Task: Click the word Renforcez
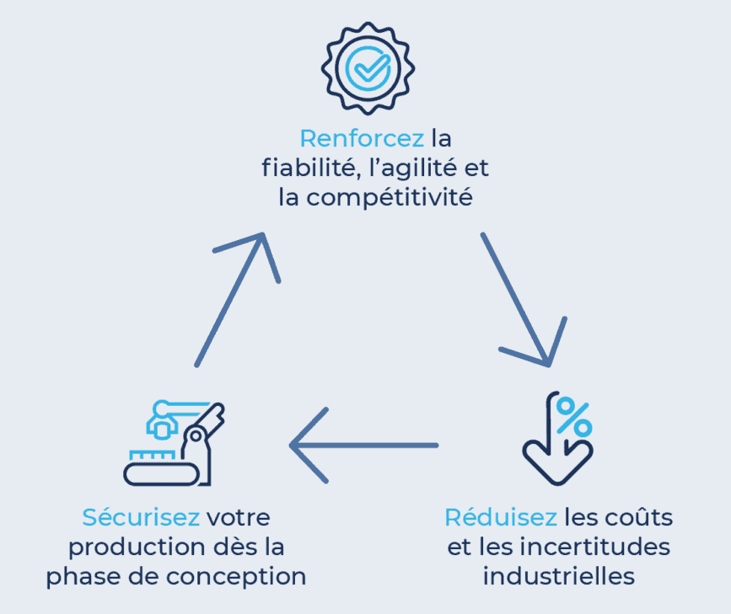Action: click(362, 137)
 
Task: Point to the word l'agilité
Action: click(408, 168)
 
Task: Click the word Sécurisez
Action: click(141, 516)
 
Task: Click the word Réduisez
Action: click(501, 516)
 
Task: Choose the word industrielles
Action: click(559, 577)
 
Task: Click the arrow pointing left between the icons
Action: click(363, 445)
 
